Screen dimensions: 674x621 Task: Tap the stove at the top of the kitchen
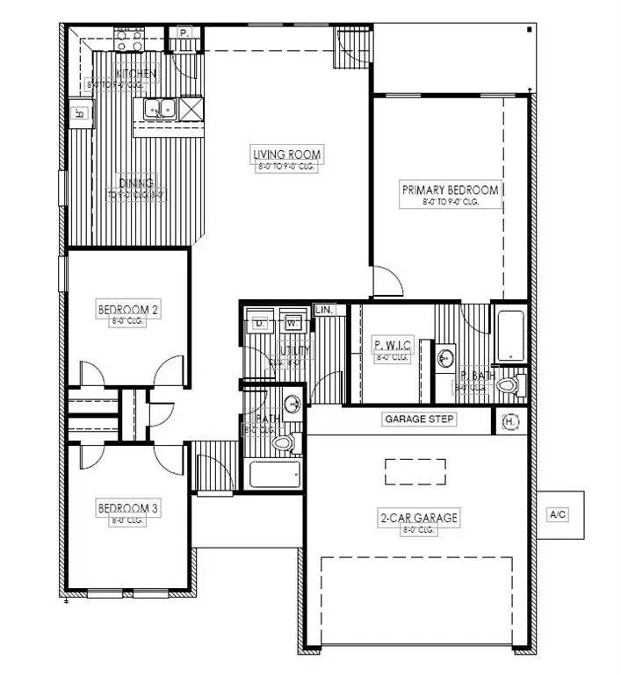(x=129, y=39)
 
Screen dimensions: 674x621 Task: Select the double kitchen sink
(x=160, y=109)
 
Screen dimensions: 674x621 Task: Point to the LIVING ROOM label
(x=287, y=155)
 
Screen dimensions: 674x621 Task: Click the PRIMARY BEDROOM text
(x=451, y=190)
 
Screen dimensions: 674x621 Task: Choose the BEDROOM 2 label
(x=127, y=309)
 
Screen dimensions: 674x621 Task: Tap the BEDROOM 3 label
(x=127, y=508)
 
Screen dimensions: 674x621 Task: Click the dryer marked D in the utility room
(x=259, y=323)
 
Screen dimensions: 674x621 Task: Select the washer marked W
(x=292, y=323)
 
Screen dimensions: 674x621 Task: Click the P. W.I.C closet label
(x=393, y=345)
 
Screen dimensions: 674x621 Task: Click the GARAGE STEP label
(x=420, y=419)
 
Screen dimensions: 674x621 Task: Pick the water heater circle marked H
(x=510, y=422)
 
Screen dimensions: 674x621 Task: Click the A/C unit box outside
(x=558, y=513)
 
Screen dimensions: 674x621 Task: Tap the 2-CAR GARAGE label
(x=420, y=518)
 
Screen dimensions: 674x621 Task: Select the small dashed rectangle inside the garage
(x=415, y=471)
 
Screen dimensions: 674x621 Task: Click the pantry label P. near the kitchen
(x=184, y=32)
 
